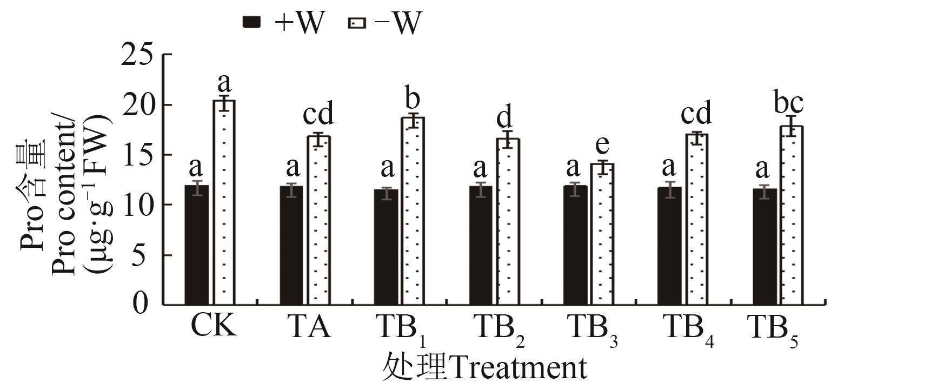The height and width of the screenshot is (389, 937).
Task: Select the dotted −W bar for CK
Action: (224, 202)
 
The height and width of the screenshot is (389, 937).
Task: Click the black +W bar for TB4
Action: (669, 246)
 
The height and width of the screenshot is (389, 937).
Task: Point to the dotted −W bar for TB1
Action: (413, 211)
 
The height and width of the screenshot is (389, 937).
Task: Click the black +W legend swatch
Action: (251, 22)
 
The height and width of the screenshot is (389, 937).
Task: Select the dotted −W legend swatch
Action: (358, 23)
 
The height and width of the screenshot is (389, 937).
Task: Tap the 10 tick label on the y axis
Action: (138, 205)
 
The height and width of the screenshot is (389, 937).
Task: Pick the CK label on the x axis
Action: (214, 327)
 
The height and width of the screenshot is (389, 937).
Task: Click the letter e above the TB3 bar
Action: (602, 144)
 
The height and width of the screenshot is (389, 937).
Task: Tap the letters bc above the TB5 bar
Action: (788, 103)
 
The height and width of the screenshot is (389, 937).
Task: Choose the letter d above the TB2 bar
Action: (504, 117)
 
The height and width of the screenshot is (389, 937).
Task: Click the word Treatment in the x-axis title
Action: (517, 368)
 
